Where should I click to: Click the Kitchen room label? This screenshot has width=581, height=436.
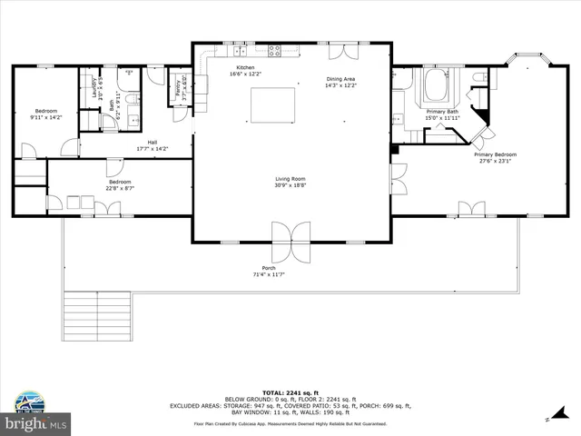pyautogui.click(x=245, y=68)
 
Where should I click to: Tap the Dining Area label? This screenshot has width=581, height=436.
pyautogui.click(x=341, y=79)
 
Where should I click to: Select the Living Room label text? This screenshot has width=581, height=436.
pyautogui.click(x=290, y=179)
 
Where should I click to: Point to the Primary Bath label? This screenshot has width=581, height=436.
pyautogui.click(x=442, y=111)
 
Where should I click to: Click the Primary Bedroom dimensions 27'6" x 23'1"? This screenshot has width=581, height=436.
pyautogui.click(x=493, y=161)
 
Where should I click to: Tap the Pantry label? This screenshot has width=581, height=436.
pyautogui.click(x=178, y=87)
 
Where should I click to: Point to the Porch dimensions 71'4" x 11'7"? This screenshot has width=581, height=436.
pyautogui.click(x=269, y=274)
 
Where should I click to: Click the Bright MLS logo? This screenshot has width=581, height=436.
pyautogui.click(x=36, y=423)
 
